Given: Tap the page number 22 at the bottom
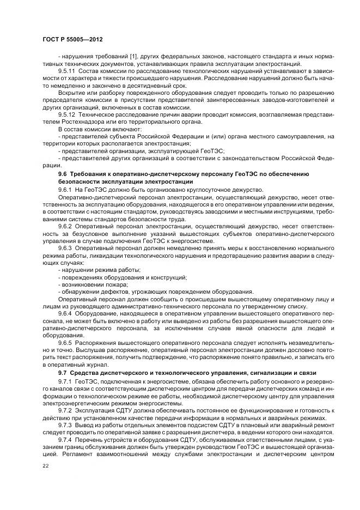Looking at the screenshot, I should tap(45, 465).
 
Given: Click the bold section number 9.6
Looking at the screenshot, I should tap(63, 173).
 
